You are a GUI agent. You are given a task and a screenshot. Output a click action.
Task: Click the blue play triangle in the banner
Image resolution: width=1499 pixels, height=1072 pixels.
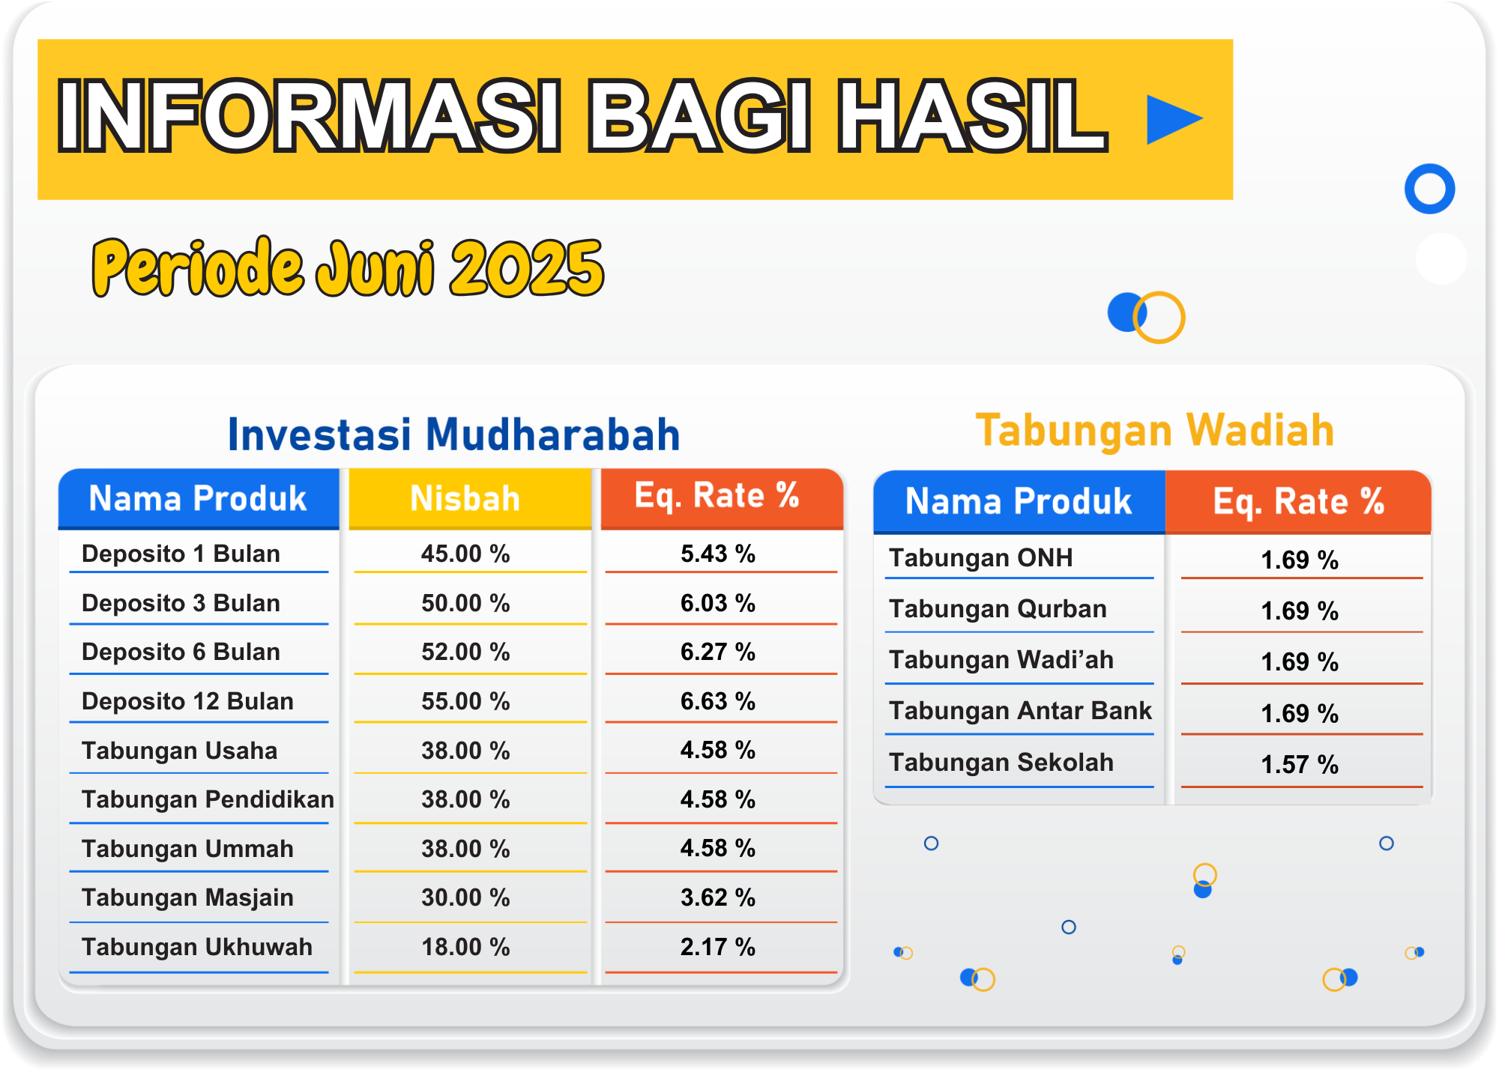(1171, 119)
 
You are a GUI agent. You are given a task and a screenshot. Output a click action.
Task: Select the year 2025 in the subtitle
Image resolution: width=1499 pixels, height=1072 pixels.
(527, 268)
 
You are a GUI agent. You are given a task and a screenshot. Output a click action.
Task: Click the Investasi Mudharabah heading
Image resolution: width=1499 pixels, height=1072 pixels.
(453, 434)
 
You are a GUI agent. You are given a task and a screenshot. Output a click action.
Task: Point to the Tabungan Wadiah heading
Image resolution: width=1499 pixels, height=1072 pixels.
(1155, 431)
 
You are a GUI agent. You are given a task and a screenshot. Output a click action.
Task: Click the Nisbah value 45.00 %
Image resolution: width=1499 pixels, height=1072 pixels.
(465, 554)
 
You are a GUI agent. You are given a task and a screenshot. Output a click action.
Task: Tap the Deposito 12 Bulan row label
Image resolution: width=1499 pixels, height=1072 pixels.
(187, 701)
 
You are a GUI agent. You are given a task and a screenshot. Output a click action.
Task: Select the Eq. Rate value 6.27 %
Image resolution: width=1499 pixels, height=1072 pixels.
(718, 652)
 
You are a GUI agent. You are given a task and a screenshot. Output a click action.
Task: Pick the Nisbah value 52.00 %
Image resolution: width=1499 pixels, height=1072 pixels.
(465, 652)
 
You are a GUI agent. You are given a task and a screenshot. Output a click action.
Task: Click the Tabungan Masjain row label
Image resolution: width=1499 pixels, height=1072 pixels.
(187, 897)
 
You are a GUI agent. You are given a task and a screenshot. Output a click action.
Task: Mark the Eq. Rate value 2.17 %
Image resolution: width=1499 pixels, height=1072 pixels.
(718, 947)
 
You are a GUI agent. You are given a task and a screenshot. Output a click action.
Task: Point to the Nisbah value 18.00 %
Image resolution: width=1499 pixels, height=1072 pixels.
(465, 947)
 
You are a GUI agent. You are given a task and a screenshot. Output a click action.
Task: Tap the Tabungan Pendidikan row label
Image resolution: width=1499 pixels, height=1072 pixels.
(208, 799)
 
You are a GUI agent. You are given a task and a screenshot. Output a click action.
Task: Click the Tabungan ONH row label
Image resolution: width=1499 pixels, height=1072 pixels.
(981, 558)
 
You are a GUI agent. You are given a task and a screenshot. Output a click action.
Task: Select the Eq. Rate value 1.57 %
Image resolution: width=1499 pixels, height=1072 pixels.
(1300, 765)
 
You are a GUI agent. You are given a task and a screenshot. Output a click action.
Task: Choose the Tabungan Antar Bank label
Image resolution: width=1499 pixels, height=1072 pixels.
(1020, 710)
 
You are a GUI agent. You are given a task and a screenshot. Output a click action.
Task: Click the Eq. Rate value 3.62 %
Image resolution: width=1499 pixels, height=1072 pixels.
(718, 897)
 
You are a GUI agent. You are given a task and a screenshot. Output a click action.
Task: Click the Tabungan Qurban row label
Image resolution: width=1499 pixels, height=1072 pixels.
(998, 609)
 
